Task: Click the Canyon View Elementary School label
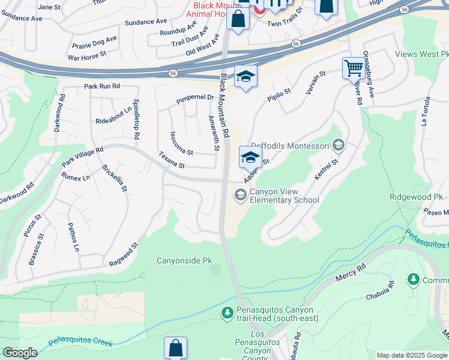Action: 284,196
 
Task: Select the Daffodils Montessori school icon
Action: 339,145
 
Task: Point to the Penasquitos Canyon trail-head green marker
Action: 228,313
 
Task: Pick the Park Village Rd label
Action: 82,157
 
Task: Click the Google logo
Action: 20,353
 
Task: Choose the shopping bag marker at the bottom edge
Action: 175,347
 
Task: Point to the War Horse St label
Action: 87,54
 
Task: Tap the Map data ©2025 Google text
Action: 412,355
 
